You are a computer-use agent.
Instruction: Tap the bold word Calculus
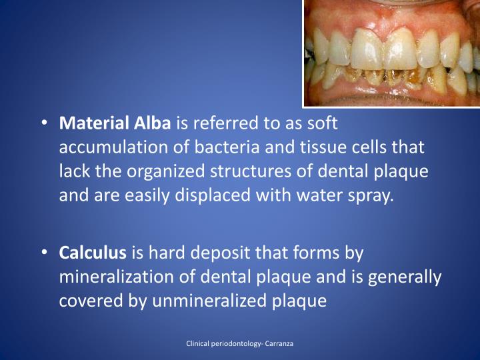pyautogui.click(x=93, y=253)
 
